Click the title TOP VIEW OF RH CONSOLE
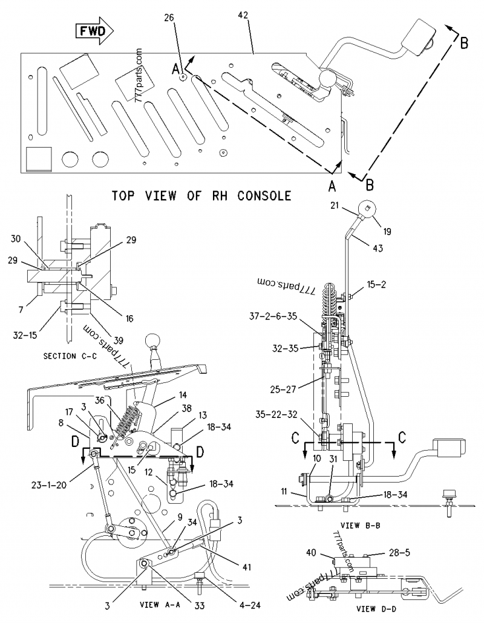click(x=202, y=196)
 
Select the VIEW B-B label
click(x=356, y=525)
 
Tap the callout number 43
click(x=378, y=247)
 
